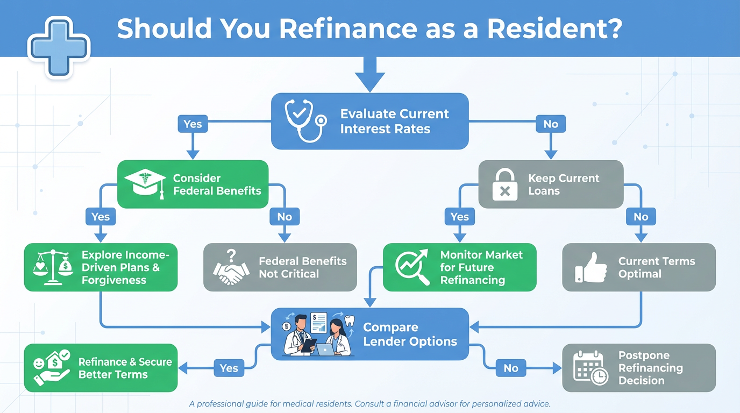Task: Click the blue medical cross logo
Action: point(59,47)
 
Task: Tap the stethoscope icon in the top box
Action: point(305,120)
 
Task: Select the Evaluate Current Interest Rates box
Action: point(369,121)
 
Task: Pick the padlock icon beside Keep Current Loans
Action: point(504,183)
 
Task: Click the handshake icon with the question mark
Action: point(231,267)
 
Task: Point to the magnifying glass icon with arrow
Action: point(412,267)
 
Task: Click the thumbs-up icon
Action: point(588,267)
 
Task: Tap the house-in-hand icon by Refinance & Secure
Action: point(52,367)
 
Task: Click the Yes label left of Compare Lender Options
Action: point(229,368)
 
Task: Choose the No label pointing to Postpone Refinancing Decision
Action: point(511,368)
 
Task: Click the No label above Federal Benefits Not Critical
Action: point(284,217)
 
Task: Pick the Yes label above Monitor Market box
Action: point(459,217)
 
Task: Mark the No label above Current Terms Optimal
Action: point(641,217)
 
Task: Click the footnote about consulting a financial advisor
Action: point(370,403)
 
